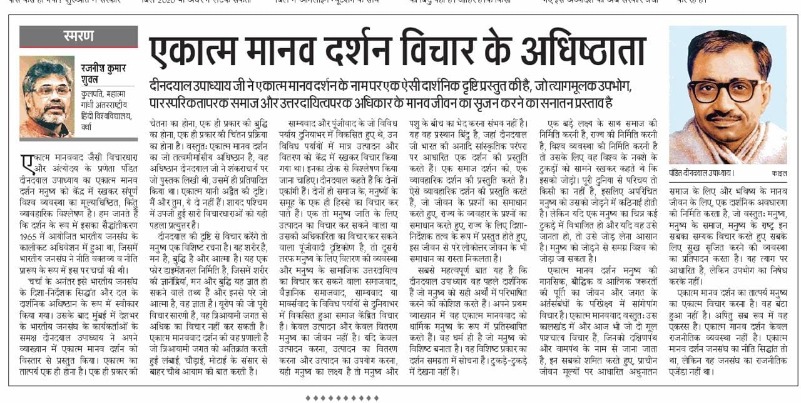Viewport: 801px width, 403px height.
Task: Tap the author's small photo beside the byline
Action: pyautogui.click(x=47, y=96)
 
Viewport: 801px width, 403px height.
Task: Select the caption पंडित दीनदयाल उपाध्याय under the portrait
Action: pyautogui.click(x=702, y=173)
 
